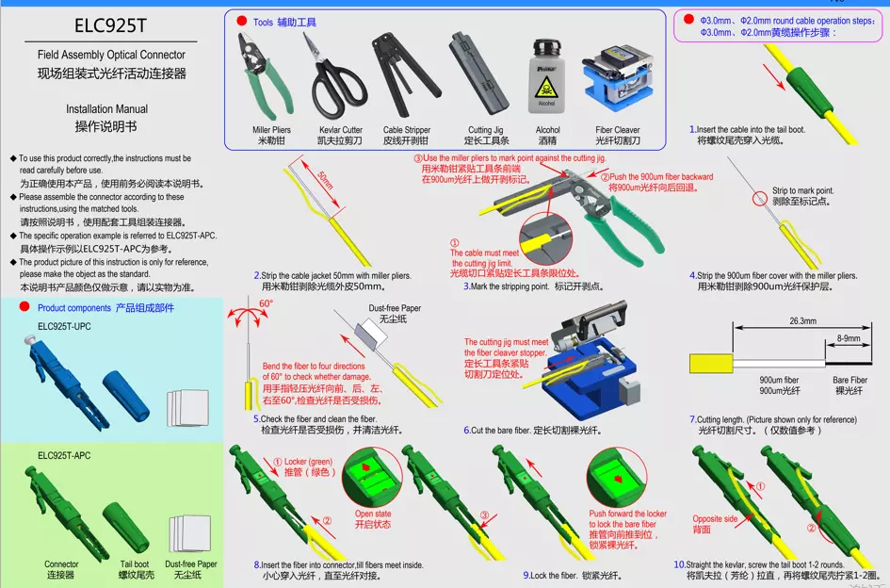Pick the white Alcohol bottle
(546, 81)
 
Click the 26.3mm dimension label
(802, 321)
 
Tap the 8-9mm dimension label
(849, 337)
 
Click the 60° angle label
(267, 303)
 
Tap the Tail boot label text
(135, 564)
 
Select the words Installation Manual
(106, 109)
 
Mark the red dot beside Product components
(24, 307)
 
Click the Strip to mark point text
(803, 190)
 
